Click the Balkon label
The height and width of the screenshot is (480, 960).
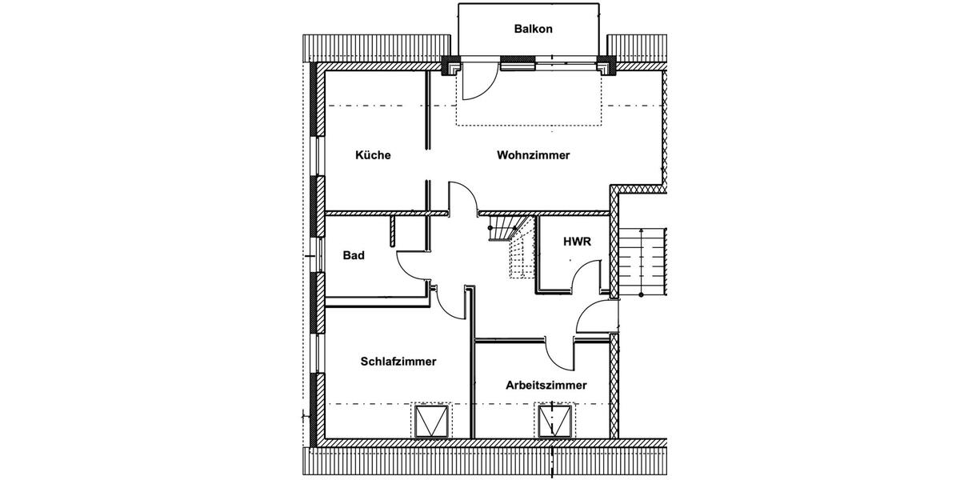[533, 30]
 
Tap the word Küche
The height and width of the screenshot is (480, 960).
[373, 155]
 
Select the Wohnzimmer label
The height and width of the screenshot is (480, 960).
[533, 155]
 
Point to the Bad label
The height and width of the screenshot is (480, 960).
[354, 256]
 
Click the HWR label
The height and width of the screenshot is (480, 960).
[577, 242]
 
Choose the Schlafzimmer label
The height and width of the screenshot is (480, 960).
[398, 362]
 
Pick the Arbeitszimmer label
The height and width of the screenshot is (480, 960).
[546, 385]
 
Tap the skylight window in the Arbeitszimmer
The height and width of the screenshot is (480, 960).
[555, 421]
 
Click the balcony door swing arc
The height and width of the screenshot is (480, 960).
[477, 84]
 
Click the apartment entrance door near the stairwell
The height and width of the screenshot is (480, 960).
[594, 317]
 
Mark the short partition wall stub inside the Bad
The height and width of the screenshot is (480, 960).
[394, 230]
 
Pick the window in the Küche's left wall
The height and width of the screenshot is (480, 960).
[317, 157]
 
